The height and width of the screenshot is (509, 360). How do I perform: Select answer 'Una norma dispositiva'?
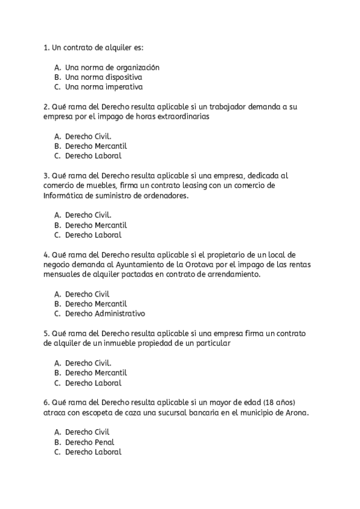pos(103,77)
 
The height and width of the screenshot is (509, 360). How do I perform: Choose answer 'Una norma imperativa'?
pos(103,86)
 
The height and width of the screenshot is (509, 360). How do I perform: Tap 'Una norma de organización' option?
pos(112,67)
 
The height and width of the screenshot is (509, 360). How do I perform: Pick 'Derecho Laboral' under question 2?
pos(93,155)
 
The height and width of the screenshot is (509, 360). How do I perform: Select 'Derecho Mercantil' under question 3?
pos(96,225)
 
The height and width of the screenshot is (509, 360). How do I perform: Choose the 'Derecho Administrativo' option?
pos(105,313)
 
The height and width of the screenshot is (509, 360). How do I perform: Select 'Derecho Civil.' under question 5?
pos(88,363)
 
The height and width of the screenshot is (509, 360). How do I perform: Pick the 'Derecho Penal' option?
pos(89,442)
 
